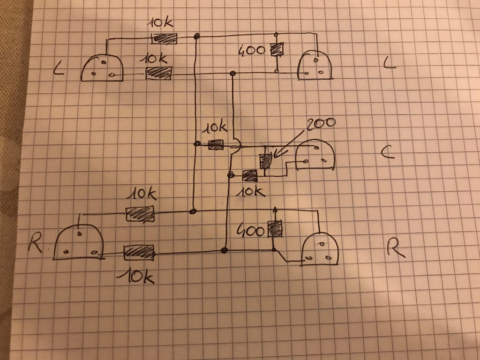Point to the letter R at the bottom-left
click(36, 243)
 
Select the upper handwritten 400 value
click(252, 50)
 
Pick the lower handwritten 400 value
click(252, 230)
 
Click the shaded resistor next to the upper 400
click(277, 50)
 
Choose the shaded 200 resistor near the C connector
click(265, 161)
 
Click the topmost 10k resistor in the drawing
click(165, 38)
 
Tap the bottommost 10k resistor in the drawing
click(139, 253)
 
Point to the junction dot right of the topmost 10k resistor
click(197, 36)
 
